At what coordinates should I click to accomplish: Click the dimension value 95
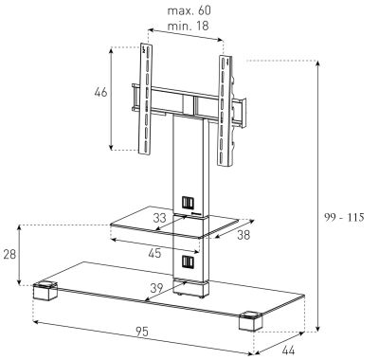(142, 332)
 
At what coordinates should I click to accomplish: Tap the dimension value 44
(288, 351)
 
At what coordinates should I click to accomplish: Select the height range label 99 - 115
(344, 217)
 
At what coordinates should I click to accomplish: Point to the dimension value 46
(100, 92)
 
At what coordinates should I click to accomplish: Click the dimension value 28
(9, 254)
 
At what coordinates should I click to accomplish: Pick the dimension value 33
(159, 218)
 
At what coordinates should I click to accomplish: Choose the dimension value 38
(244, 235)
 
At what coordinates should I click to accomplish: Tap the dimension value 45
(154, 253)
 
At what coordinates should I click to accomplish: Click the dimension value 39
(156, 288)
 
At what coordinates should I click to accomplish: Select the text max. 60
(189, 10)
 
